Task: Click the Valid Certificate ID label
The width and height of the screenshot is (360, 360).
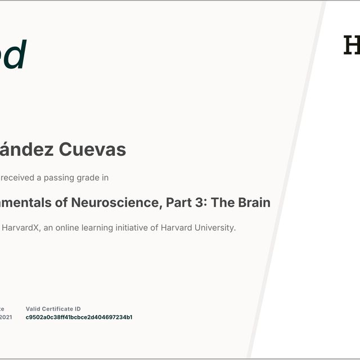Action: [53, 309]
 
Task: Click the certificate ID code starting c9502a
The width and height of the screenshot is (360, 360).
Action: [79, 317]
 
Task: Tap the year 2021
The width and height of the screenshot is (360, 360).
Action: [6, 317]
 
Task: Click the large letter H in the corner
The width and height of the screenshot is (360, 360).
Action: [352, 46]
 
